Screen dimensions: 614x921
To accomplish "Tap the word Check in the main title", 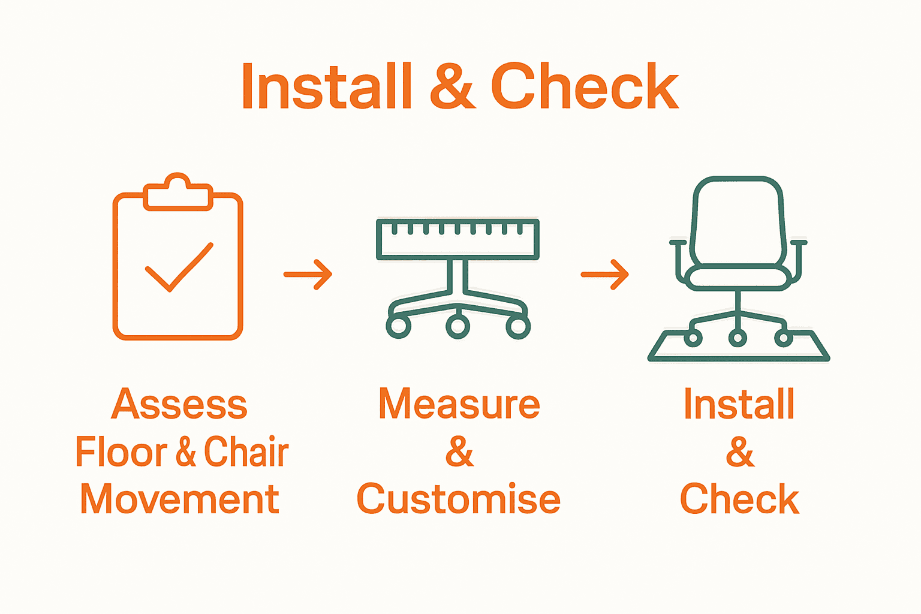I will (585, 87).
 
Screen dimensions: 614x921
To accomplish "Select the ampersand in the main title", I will (452, 87).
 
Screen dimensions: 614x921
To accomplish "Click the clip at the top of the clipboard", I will (178, 193).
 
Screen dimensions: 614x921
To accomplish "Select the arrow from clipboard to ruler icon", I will (308, 275).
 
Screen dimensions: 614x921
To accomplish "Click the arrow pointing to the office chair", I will (604, 275).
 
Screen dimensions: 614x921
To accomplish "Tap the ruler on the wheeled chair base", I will (458, 239).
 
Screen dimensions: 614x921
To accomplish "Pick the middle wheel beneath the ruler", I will (458, 326).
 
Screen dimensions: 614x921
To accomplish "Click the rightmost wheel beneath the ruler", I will (518, 327).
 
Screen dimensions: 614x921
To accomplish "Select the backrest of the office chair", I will (738, 222).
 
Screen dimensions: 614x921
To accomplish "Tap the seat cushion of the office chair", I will (738, 277).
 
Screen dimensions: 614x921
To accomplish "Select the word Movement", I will (179, 499).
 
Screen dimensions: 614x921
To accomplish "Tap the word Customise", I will (459, 499).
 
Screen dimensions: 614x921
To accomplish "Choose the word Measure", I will (459, 404).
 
